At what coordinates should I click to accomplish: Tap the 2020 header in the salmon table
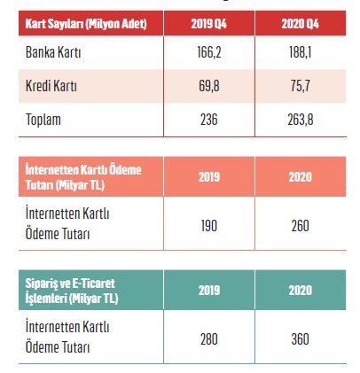coord(300,176)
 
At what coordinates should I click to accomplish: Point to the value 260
coord(300,225)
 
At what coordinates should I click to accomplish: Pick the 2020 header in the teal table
coord(300,290)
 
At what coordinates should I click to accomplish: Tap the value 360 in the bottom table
coord(300,338)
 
